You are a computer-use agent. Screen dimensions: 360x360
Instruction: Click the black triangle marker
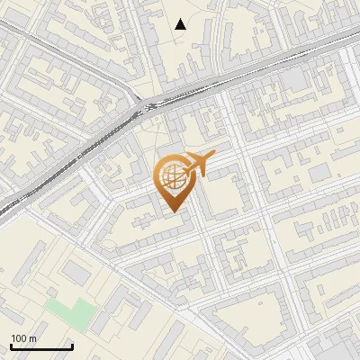click(x=181, y=24)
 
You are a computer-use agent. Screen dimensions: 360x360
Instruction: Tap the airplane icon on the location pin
click(x=197, y=163)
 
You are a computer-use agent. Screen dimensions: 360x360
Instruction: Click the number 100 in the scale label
click(x=19, y=338)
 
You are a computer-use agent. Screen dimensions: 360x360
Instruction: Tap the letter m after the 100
click(x=32, y=338)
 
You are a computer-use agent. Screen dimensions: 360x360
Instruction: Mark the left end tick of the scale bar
click(x=11, y=346)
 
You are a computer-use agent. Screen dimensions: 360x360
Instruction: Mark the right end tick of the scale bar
click(x=72, y=346)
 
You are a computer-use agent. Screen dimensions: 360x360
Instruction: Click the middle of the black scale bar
click(x=41, y=347)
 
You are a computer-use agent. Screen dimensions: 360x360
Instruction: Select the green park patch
click(x=71, y=312)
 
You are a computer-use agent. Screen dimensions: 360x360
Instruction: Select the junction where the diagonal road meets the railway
click(x=144, y=105)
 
